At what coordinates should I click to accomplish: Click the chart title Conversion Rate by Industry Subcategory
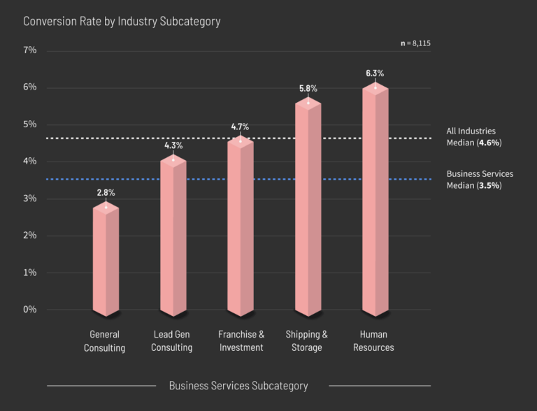(x=122, y=21)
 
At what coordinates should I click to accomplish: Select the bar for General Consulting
(x=106, y=259)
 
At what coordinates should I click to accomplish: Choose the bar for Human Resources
(x=375, y=199)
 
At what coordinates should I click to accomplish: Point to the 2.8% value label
(x=106, y=192)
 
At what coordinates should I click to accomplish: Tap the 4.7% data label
(x=240, y=127)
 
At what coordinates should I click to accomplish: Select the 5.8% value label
(x=308, y=88)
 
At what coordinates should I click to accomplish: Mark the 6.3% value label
(x=375, y=73)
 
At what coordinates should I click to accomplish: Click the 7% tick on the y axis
(x=30, y=50)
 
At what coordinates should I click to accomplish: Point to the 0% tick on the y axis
(x=30, y=310)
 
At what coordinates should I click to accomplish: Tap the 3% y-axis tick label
(x=30, y=199)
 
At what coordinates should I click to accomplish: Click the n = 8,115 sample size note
(x=415, y=43)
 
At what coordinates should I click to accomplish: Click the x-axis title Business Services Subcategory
(x=238, y=385)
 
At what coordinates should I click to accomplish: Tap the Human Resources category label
(x=373, y=340)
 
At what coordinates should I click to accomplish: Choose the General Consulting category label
(x=105, y=340)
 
